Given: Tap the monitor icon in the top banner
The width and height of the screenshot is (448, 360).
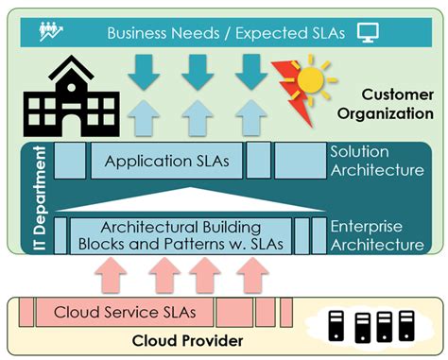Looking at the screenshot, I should pos(368,33).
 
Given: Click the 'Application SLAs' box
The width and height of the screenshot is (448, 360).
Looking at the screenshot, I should pos(166,162).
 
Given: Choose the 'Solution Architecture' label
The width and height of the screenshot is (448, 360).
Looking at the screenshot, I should pos(376,161).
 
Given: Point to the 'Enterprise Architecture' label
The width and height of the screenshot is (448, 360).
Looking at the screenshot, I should pos(376,235).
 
